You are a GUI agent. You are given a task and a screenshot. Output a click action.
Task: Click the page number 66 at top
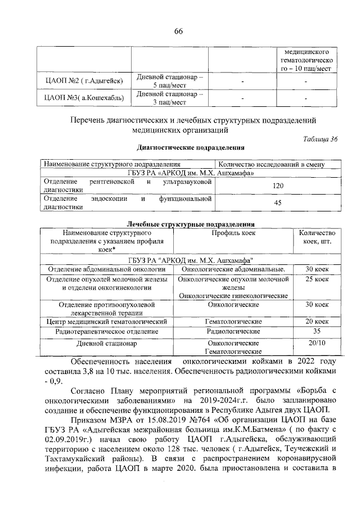(x=179, y=30)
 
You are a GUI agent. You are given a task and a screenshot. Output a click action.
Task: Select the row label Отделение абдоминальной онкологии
(x=105, y=269)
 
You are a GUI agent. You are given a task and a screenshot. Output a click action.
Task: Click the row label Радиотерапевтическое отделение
(x=105, y=331)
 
